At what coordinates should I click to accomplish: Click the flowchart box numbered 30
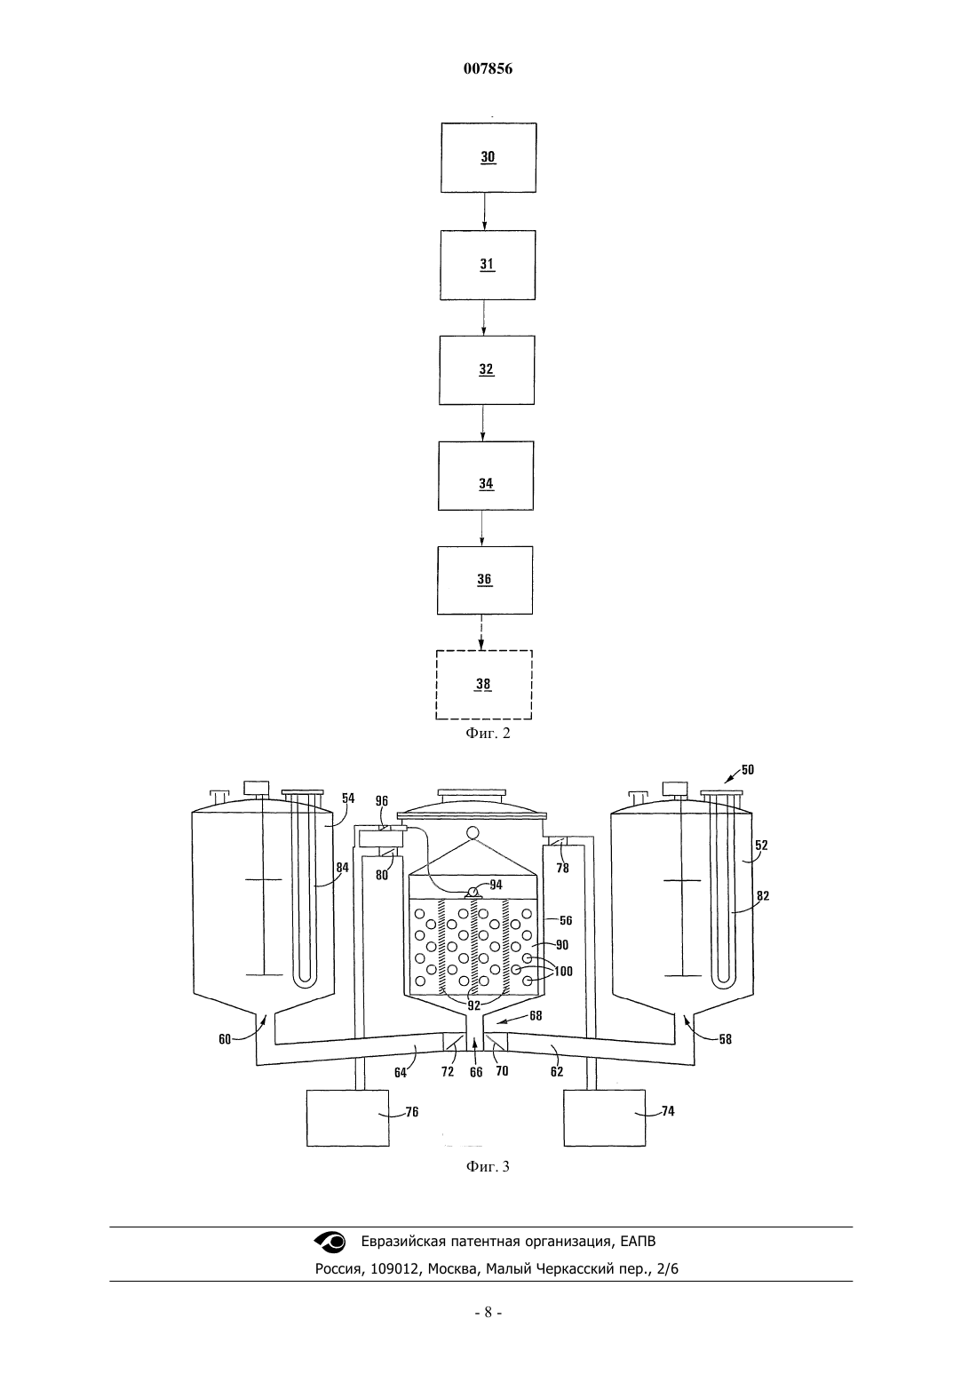click(x=488, y=157)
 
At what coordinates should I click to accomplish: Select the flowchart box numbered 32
click(x=487, y=370)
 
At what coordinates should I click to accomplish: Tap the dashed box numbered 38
click(x=484, y=684)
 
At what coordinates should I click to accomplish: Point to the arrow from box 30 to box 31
click(x=483, y=211)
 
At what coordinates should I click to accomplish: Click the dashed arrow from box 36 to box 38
click(x=481, y=632)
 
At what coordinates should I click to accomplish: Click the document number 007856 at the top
click(x=488, y=68)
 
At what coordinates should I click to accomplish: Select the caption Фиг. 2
click(x=488, y=733)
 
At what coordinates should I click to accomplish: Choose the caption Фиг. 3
click(x=488, y=1166)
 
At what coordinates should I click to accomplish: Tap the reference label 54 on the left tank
click(x=348, y=798)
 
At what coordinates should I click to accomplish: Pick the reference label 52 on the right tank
click(x=762, y=846)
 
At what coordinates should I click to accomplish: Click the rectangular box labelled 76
click(x=348, y=1118)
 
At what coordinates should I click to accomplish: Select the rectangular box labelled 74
click(x=605, y=1118)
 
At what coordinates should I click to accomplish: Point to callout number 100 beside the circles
click(x=563, y=972)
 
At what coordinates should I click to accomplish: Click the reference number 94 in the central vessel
click(x=496, y=885)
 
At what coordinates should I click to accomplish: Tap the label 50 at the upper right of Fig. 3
click(x=748, y=770)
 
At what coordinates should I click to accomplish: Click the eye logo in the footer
click(x=330, y=1242)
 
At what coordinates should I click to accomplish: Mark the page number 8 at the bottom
click(x=488, y=1313)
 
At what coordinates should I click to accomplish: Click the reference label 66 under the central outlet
click(x=475, y=1073)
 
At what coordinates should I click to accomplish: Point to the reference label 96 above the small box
click(x=382, y=801)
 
